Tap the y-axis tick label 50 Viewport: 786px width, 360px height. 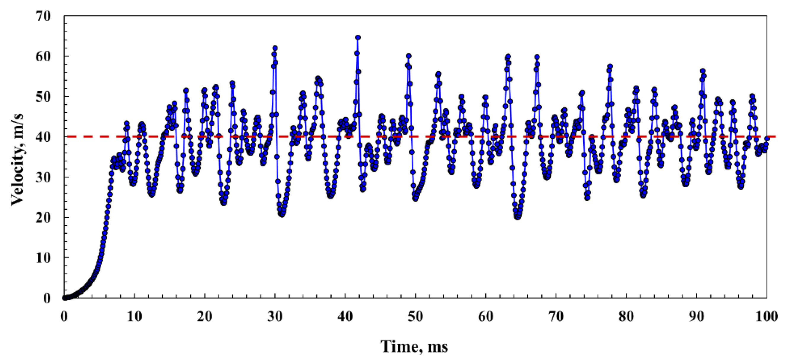pyautogui.click(x=44, y=96)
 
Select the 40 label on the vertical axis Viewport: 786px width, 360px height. pyautogui.click(x=44, y=137)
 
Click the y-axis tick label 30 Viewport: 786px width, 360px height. pyautogui.click(x=44, y=177)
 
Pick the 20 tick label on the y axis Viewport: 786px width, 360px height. pyautogui.click(x=44, y=217)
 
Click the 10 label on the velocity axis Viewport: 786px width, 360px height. pyautogui.click(x=44, y=257)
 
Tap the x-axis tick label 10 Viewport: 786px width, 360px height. pyautogui.click(x=134, y=317)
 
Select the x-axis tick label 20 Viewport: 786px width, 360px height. pyautogui.click(x=205, y=317)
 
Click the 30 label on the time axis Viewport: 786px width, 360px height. pyautogui.click(x=275, y=317)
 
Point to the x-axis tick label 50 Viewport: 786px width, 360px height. pyautogui.click(x=416, y=317)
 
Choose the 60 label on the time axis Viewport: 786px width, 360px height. pyautogui.click(x=486, y=317)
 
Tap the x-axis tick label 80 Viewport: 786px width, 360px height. pyautogui.click(x=627, y=317)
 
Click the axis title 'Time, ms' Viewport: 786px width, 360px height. pyautogui.click(x=414, y=347)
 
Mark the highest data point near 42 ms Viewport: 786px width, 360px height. pyautogui.click(x=358, y=38)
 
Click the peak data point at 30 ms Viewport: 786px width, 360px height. pyautogui.click(x=275, y=48)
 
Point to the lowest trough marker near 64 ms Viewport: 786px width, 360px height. pyautogui.click(x=517, y=217)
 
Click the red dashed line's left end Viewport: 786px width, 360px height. pyautogui.click(x=68, y=136)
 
